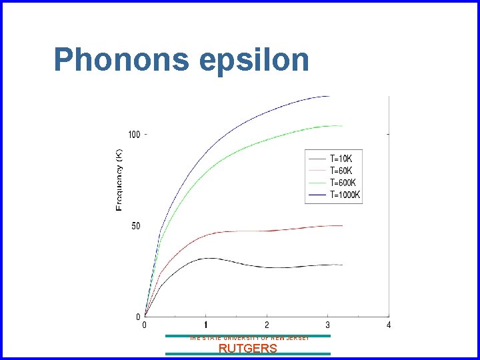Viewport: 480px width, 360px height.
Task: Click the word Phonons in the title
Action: click(122, 59)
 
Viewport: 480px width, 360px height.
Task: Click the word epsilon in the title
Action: click(254, 61)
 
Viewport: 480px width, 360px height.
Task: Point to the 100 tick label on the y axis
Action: click(134, 135)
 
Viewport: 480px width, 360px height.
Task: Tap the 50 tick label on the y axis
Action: click(136, 226)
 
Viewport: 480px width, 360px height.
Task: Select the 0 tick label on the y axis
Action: click(138, 317)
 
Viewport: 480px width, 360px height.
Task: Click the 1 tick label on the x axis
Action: click(205, 325)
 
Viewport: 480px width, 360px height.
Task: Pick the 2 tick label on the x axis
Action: click(267, 325)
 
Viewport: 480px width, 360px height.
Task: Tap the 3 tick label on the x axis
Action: click(327, 325)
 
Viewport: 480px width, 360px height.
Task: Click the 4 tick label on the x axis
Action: click(389, 325)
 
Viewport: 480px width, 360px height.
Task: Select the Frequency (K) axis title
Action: click(119, 179)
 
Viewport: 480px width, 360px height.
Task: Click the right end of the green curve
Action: click(342, 126)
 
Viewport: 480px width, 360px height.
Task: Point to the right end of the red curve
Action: click(342, 225)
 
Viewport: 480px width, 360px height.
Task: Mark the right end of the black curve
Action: click(342, 265)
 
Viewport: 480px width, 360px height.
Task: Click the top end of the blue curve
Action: click(329, 96)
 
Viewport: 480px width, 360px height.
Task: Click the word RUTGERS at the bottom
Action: click(248, 348)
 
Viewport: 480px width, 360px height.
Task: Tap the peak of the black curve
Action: click(209, 258)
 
